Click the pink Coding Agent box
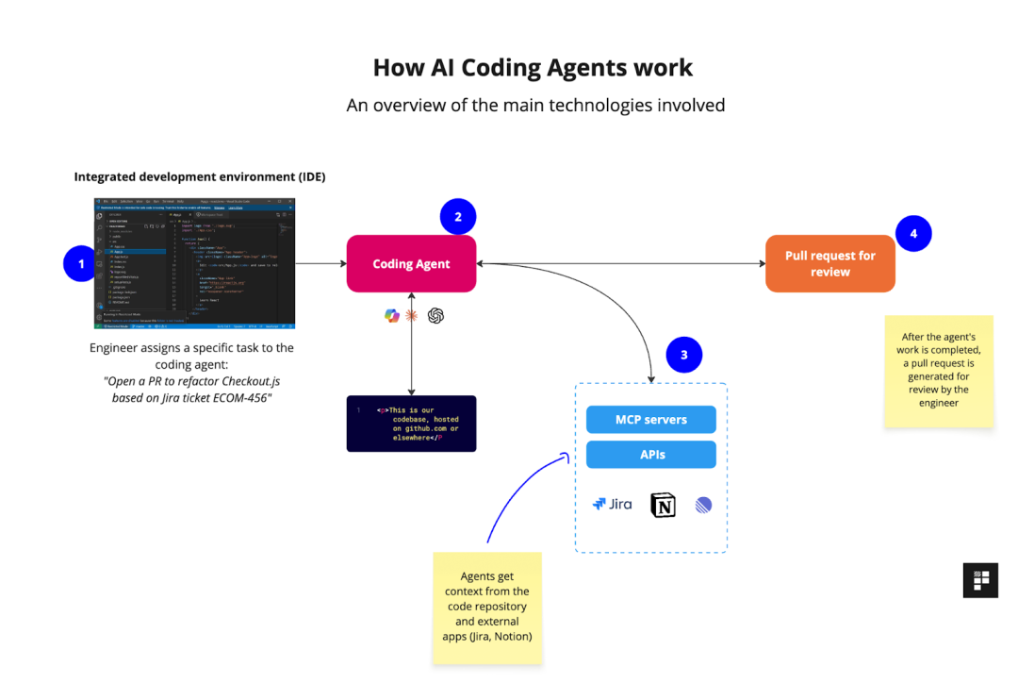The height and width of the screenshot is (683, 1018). click(x=411, y=264)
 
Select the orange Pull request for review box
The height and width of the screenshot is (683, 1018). click(x=829, y=263)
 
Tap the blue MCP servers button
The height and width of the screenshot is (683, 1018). click(x=650, y=420)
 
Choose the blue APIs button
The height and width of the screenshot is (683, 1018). click(x=650, y=455)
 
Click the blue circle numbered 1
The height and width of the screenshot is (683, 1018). click(x=81, y=263)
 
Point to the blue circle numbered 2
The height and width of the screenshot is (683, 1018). click(x=458, y=217)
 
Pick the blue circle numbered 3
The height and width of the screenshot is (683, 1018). click(x=684, y=355)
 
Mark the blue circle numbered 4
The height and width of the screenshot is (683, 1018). click(x=913, y=232)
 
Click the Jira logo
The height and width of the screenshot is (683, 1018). click(x=612, y=505)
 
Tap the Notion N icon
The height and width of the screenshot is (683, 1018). click(x=663, y=506)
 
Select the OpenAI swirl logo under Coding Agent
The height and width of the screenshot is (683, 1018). click(x=435, y=316)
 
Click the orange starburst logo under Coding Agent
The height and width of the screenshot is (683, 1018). click(x=412, y=316)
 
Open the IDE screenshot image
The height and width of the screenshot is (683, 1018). click(x=194, y=263)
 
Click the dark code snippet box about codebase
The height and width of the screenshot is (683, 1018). click(x=411, y=424)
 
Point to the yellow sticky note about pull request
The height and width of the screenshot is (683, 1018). click(x=939, y=371)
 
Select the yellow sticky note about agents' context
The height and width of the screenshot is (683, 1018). click(x=487, y=611)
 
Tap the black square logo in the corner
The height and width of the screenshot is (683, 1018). click(x=980, y=580)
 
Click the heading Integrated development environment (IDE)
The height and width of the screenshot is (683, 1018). click(x=200, y=176)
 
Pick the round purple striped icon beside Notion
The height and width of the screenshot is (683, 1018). click(x=703, y=506)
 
